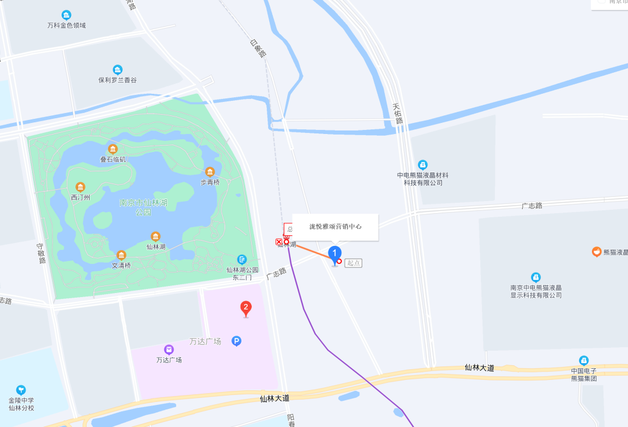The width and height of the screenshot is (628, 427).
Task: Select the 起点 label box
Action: [353, 263]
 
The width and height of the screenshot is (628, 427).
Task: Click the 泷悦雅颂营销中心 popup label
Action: [336, 227]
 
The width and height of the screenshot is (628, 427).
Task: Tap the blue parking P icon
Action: [236, 341]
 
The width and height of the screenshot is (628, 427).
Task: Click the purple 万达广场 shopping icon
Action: [169, 349]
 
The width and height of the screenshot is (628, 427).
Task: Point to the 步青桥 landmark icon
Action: [210, 172]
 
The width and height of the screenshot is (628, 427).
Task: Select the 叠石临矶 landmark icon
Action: [112, 149]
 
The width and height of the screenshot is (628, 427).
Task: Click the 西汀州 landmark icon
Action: [80, 187]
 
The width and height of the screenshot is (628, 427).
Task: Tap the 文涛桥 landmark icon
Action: [122, 255]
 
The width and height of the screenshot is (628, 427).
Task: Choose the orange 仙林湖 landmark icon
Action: [155, 237]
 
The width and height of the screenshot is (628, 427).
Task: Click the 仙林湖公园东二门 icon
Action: [242, 260]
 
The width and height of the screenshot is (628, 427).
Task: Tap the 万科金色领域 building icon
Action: [66, 15]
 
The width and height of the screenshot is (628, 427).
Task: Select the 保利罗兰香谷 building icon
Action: [117, 69]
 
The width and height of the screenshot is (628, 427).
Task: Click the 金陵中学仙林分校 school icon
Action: [21, 390]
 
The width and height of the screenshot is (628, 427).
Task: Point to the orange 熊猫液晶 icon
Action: [596, 252]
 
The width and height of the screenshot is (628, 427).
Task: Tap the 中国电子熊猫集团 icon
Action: [584, 361]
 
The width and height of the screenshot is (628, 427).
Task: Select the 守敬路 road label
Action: [41, 253]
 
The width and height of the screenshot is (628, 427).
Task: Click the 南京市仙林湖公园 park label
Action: [143, 207]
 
